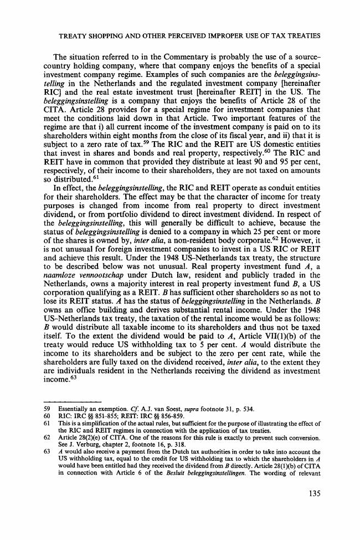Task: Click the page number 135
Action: tap(312, 511)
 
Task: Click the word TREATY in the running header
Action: tap(75, 36)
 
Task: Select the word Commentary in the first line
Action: tap(164, 58)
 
